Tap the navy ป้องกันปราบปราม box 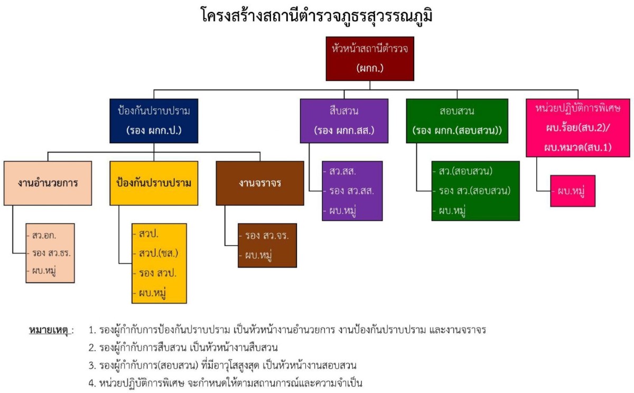click(154, 120)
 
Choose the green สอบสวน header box click(457, 120)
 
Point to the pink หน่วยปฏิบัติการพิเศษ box click(577, 127)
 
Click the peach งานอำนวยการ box click(48, 183)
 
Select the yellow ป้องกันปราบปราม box click(154, 183)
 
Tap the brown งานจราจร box click(259, 183)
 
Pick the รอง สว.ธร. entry click(49, 253)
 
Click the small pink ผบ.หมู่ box click(573, 190)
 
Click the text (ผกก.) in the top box click(369, 68)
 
